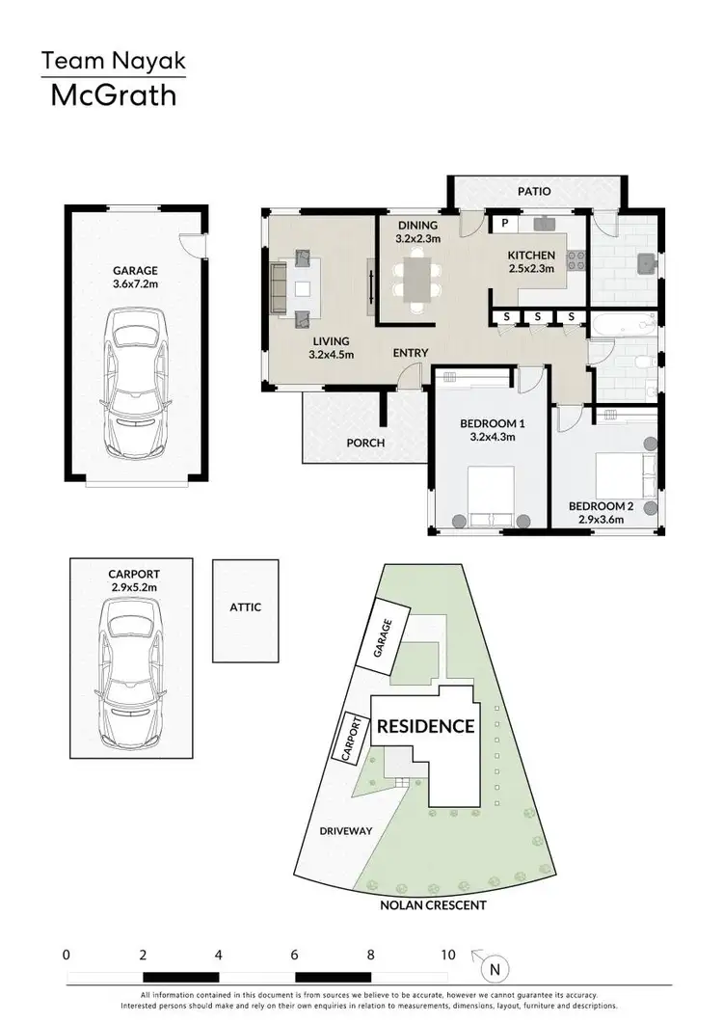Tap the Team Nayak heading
113,63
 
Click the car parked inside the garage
135,383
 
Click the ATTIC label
245,607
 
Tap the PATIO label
533,191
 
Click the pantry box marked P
503,223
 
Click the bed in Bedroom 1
491,497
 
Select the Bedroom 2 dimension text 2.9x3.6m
596,520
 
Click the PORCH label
366,443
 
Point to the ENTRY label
410,353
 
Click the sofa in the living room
278,284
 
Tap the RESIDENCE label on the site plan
425,726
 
